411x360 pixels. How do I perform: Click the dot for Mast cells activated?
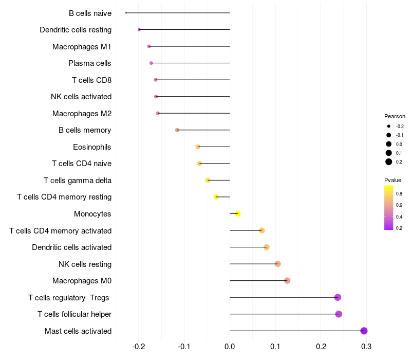click(x=364, y=331)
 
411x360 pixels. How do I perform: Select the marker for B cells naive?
click(x=126, y=13)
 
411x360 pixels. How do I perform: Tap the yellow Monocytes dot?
click(x=237, y=213)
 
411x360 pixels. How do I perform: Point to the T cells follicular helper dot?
click(x=339, y=314)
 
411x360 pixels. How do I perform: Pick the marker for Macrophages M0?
click(x=287, y=281)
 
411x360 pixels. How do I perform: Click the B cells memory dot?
click(x=177, y=130)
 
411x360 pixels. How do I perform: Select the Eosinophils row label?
click(x=92, y=147)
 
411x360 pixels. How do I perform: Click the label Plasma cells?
click(x=90, y=63)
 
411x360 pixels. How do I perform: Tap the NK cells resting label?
click(x=85, y=264)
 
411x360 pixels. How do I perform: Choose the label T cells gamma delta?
click(x=78, y=181)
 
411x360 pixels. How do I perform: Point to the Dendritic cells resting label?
click(x=76, y=30)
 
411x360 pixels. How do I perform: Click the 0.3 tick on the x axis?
click(x=366, y=347)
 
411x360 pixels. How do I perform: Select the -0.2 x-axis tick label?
click(x=139, y=347)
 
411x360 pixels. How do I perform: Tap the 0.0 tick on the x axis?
click(x=230, y=347)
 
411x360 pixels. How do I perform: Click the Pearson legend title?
click(x=395, y=116)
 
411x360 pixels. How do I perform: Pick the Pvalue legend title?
click(x=393, y=180)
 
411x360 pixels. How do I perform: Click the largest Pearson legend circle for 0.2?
click(x=389, y=162)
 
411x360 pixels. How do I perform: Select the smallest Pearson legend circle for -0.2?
click(x=389, y=126)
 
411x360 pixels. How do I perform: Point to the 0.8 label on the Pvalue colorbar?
click(x=399, y=193)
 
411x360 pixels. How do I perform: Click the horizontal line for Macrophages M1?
click(x=190, y=46)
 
